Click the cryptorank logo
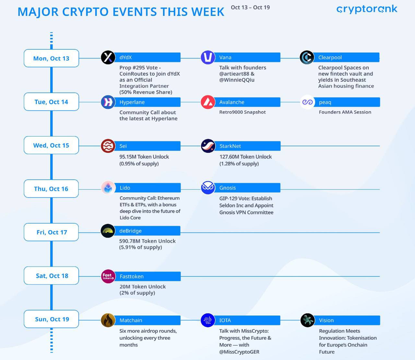(x=367, y=9)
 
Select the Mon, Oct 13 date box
(x=52, y=58)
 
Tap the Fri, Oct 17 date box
(x=52, y=232)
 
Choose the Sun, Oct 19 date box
(x=52, y=319)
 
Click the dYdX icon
(x=108, y=57)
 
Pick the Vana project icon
(x=208, y=57)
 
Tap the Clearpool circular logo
(x=307, y=57)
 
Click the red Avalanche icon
(x=208, y=102)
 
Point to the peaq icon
(x=307, y=102)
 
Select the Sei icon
(x=108, y=146)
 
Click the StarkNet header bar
(x=247, y=146)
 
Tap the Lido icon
(x=108, y=188)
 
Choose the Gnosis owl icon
(x=208, y=188)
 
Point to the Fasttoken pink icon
(x=108, y=276)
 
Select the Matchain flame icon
(x=108, y=320)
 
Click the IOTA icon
(x=208, y=320)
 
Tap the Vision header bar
(x=347, y=320)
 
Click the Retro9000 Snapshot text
(x=242, y=112)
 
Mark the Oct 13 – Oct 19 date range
(x=250, y=7)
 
